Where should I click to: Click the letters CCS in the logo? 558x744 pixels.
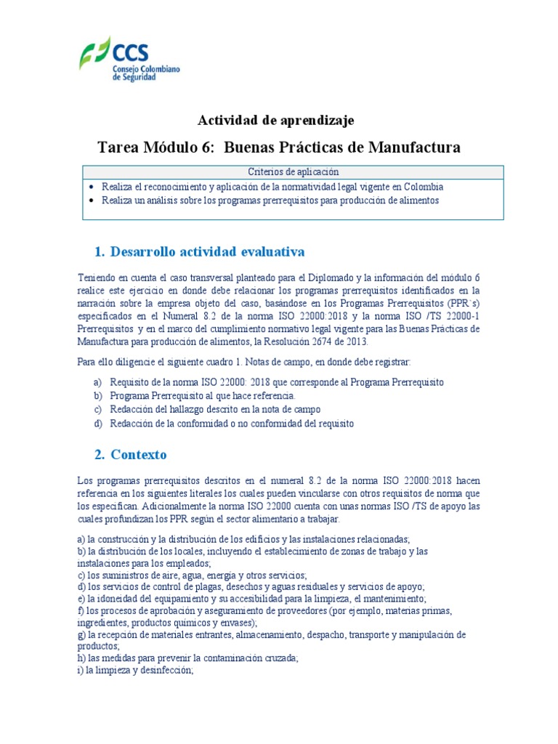coord(131,52)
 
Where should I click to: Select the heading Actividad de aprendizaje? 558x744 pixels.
coord(276,119)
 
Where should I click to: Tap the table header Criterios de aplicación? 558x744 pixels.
coord(294,172)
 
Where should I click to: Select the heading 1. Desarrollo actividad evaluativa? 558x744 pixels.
coord(200,251)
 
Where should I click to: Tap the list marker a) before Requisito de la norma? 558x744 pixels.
coord(97,382)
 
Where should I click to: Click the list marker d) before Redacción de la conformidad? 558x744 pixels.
coord(97,424)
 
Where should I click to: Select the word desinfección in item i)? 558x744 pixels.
coord(166,671)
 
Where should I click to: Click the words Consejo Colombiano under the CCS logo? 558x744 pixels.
coord(146,68)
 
